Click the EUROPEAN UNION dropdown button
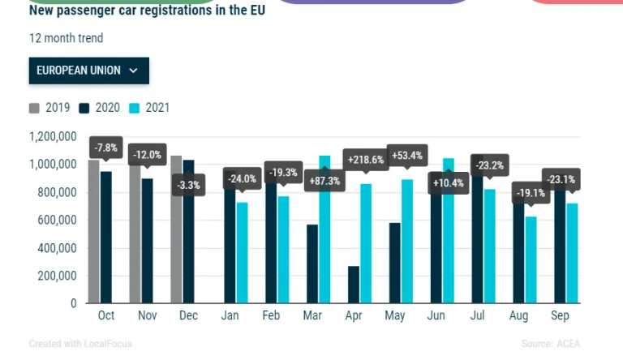click(88, 71)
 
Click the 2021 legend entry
click(149, 108)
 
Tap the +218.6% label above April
click(365, 160)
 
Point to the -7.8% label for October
click(106, 148)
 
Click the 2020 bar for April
click(353, 284)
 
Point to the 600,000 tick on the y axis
click(53, 220)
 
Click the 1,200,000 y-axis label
click(53, 136)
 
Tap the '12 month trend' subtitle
click(66, 38)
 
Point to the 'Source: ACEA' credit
click(551, 344)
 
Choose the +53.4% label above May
click(407, 155)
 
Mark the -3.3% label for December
click(188, 185)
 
